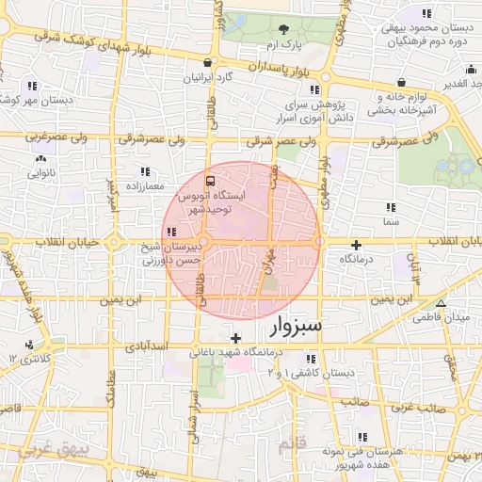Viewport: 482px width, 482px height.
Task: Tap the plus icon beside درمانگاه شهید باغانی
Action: [235, 338]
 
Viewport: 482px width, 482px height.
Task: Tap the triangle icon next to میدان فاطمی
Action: [441, 302]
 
